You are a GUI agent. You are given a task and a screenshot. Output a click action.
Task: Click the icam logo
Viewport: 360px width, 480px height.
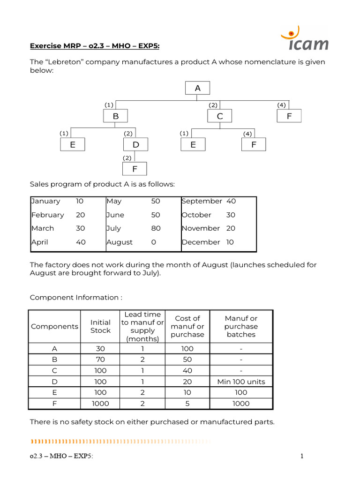click(305, 39)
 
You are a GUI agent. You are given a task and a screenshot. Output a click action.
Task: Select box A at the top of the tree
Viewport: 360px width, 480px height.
click(197, 88)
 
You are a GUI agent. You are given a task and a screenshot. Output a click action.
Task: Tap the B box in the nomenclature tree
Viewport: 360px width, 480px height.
click(115, 116)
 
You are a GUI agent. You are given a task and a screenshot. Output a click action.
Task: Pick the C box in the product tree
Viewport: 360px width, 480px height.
click(220, 116)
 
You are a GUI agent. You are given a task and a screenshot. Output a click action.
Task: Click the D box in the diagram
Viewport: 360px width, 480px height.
click(136, 144)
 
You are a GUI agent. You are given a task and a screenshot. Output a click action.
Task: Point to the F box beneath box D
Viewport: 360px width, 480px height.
click(135, 169)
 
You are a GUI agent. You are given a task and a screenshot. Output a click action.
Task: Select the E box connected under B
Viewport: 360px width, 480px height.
click(73, 144)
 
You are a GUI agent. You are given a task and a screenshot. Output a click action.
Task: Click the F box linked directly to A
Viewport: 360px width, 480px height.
click(289, 116)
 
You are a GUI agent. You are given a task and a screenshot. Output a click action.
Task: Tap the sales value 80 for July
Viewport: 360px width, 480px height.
click(156, 228)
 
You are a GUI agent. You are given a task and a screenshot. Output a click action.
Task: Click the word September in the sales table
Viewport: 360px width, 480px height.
click(202, 201)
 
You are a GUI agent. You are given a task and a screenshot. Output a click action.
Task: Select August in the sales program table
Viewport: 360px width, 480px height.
click(120, 242)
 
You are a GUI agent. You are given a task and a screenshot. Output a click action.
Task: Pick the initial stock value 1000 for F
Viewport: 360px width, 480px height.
click(100, 404)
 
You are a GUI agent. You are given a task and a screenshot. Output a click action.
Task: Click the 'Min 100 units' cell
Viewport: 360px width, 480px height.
click(241, 382)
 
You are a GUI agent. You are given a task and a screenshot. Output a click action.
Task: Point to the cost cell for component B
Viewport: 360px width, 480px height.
click(187, 360)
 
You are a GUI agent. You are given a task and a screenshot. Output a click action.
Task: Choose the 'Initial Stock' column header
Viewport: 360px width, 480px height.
click(100, 326)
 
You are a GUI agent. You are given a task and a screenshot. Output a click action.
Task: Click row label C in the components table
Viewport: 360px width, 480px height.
click(54, 370)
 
